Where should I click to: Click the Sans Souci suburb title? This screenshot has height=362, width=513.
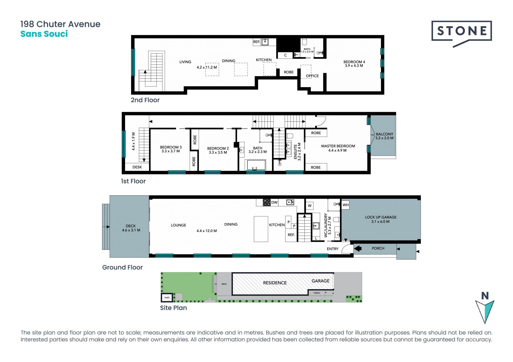click(44, 34)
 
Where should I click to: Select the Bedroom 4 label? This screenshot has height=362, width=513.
click(354, 62)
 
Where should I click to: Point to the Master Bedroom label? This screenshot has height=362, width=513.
click(338, 146)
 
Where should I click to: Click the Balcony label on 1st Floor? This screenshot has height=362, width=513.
click(384, 134)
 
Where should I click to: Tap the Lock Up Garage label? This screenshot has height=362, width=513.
click(381, 217)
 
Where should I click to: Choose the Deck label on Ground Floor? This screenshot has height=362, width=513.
click(131, 226)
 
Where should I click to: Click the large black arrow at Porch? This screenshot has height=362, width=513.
click(358, 249)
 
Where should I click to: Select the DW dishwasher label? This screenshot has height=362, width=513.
click(274, 202)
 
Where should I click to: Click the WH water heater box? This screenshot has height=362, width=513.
click(345, 205)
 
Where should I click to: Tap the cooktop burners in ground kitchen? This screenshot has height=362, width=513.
click(267, 202)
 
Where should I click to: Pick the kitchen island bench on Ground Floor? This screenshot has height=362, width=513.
click(261, 229)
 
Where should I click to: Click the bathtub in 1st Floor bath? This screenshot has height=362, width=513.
click(256, 165)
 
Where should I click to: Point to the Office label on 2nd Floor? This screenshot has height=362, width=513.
click(312, 76)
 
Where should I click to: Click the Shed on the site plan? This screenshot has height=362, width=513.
click(167, 297)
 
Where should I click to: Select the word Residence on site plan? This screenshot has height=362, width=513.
click(275, 283)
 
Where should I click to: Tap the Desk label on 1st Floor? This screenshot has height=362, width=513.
click(137, 167)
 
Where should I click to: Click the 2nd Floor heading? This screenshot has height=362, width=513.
click(145, 100)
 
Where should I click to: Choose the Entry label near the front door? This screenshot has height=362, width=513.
click(333, 249)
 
